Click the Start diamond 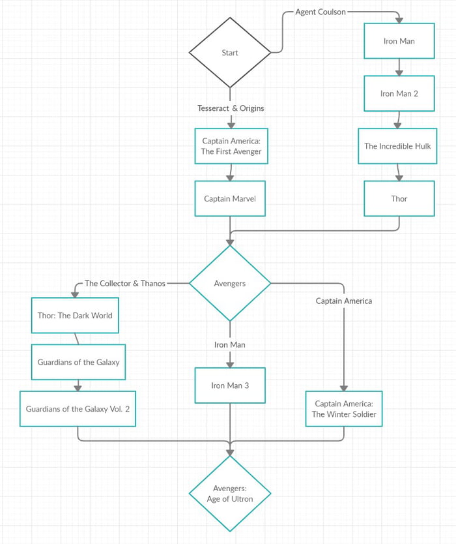pos(230,52)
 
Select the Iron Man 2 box pos(399,93)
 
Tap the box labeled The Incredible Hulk pos(397,146)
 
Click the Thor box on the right pos(399,199)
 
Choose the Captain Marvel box pos(230,199)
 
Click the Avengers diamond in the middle pos(230,283)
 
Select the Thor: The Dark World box pos(74,316)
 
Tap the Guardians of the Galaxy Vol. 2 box pos(78,409)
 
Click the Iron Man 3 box pos(230,385)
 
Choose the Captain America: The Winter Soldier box pos(344,409)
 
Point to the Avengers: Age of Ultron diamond pos(230,493)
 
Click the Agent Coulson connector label pos(321,12)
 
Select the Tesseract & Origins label pos(231,108)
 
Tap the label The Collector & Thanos pos(125,283)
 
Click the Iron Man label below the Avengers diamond pos(230,344)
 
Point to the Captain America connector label pos(344,301)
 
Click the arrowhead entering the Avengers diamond pos(230,242)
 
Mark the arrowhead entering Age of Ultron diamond pos(230,451)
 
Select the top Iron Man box pos(399,41)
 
